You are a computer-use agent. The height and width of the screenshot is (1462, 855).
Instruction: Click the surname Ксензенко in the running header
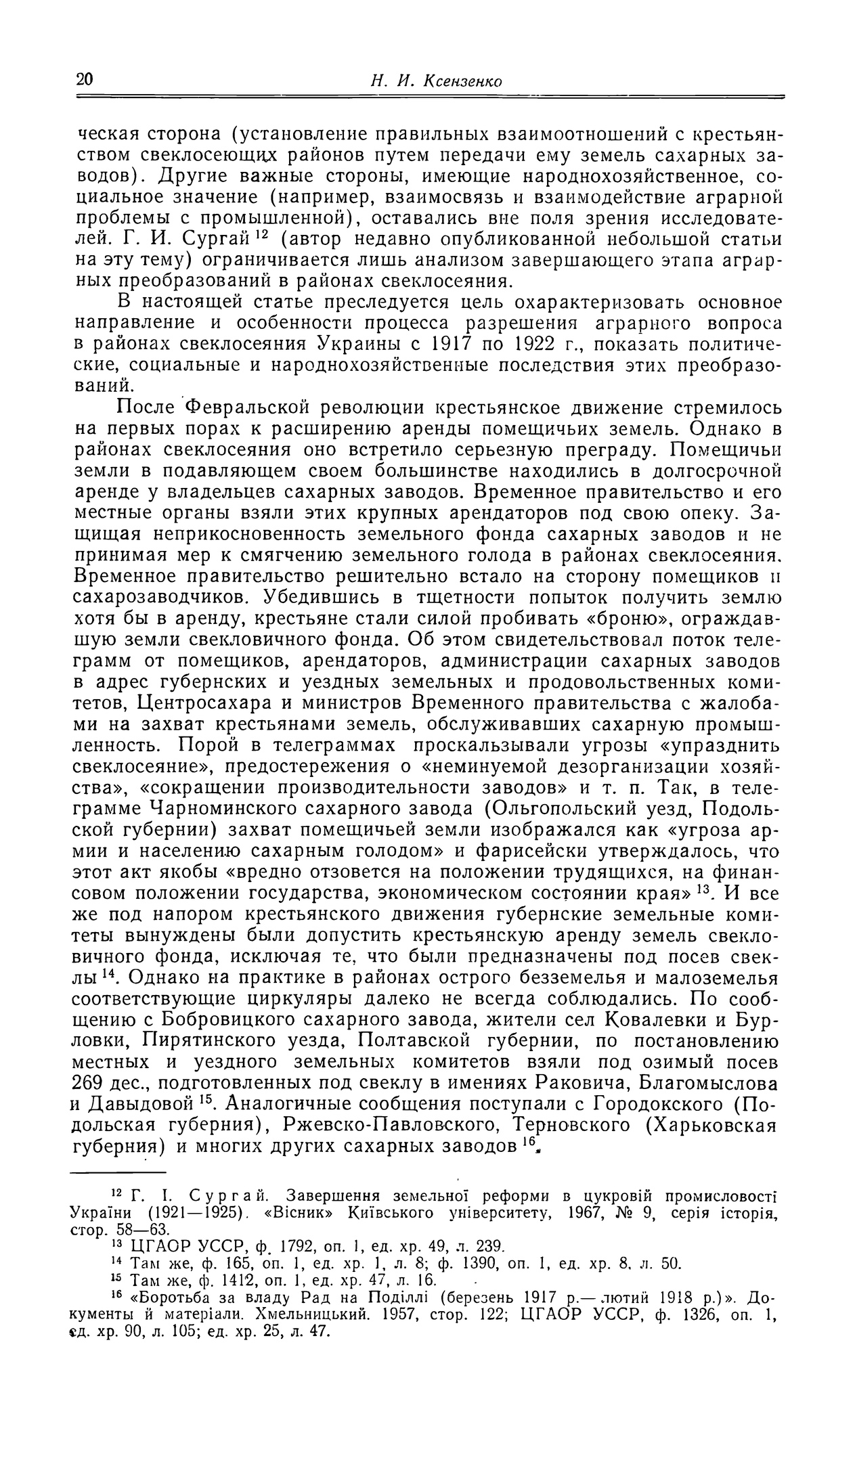[x=462, y=81]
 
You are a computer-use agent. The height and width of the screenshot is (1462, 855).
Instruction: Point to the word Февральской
[x=248, y=407]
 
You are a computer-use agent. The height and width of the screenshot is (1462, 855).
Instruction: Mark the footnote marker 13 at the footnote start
[x=116, y=1243]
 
